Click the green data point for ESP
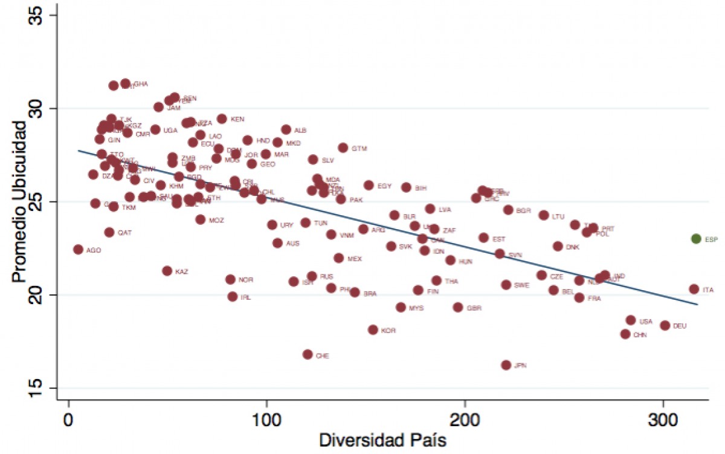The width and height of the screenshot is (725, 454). (696, 239)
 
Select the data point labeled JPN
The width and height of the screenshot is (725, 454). (506, 365)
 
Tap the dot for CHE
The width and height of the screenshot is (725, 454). (308, 354)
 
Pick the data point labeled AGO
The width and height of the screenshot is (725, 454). (78, 249)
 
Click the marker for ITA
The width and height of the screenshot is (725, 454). (694, 289)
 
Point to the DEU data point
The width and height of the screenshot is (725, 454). (665, 325)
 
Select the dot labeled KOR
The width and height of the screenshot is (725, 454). (373, 329)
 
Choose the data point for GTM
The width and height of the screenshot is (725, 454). (343, 148)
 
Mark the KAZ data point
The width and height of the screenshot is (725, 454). (167, 271)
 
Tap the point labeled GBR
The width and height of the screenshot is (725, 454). (458, 307)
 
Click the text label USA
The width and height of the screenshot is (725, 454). (646, 322)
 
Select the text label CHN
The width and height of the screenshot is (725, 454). (640, 335)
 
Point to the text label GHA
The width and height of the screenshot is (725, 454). (141, 84)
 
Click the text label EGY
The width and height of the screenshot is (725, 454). (384, 186)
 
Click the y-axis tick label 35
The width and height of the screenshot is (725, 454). (40, 15)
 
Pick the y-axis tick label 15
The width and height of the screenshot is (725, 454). (40, 388)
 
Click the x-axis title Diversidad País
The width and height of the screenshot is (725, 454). (382, 440)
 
